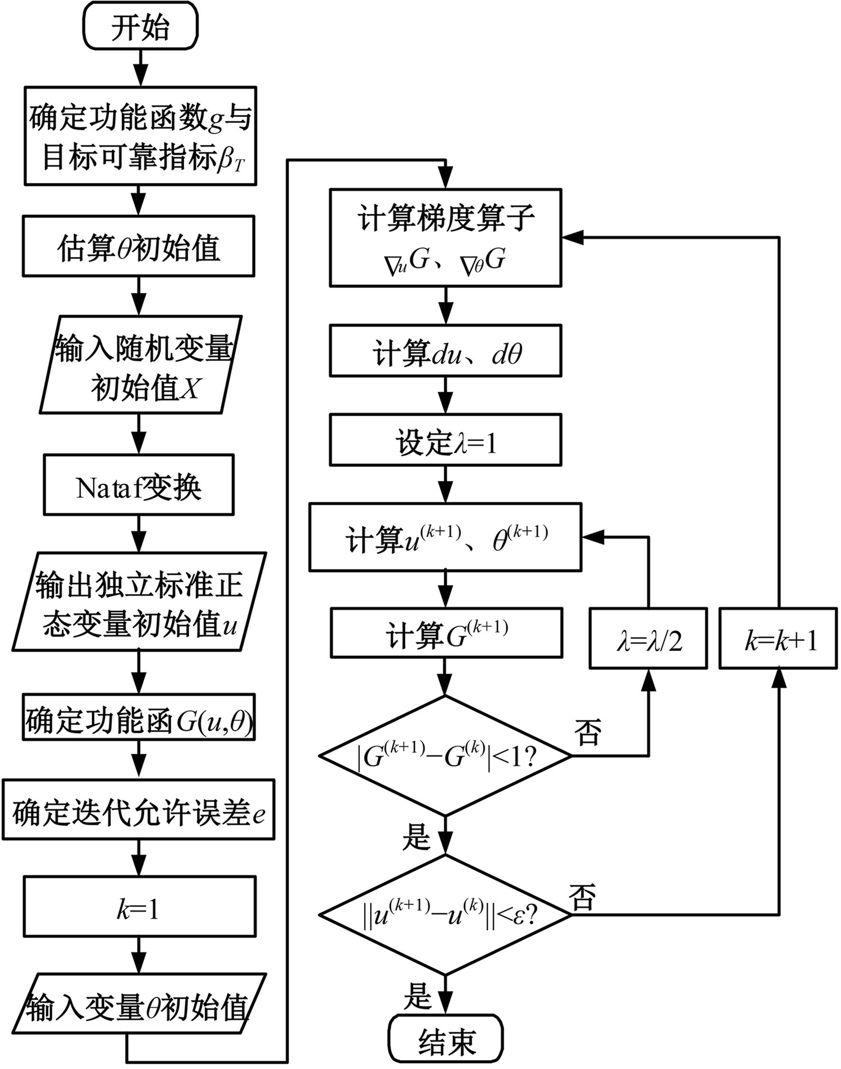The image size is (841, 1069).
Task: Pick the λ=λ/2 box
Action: click(648, 638)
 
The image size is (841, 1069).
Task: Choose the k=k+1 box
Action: click(778, 638)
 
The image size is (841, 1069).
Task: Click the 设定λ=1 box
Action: click(446, 440)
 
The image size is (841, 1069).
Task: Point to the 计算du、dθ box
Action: click(446, 351)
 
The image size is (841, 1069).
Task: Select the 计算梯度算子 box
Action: click(446, 237)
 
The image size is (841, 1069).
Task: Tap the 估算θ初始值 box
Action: click(139, 246)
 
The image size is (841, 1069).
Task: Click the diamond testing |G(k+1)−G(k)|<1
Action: click(446, 755)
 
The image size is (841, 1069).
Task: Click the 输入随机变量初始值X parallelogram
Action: click(141, 365)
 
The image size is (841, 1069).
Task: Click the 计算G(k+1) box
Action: click(447, 633)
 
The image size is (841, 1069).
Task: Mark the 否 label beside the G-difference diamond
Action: click(588, 731)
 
